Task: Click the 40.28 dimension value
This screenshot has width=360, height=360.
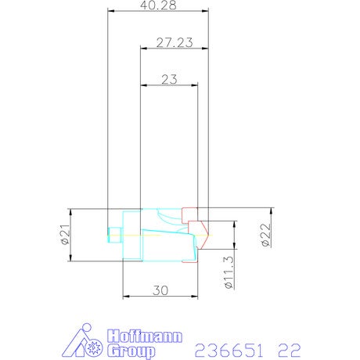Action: [158, 5]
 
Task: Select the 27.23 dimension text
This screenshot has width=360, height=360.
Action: [175, 42]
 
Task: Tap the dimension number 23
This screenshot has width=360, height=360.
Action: [169, 79]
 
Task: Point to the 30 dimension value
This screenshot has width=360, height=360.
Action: [160, 290]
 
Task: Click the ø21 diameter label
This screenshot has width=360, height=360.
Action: [65, 234]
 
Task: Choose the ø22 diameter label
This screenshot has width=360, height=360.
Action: [266, 235]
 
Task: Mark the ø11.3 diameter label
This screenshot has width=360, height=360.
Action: [229, 272]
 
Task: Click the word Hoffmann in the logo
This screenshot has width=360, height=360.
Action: [145, 337]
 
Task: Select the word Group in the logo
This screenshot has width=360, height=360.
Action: [131, 351]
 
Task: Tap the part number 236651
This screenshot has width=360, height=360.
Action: [229, 351]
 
